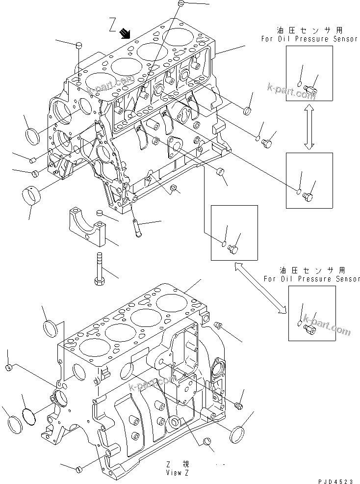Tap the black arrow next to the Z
[126, 33]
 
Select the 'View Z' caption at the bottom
[178, 473]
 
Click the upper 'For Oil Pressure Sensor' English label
[309, 39]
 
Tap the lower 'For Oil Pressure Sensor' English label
[312, 279]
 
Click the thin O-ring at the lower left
[29, 416]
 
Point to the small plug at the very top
[181, 4]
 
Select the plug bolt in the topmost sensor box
[312, 88]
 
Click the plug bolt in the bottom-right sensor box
[310, 331]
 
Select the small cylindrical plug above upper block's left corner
[78, 46]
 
